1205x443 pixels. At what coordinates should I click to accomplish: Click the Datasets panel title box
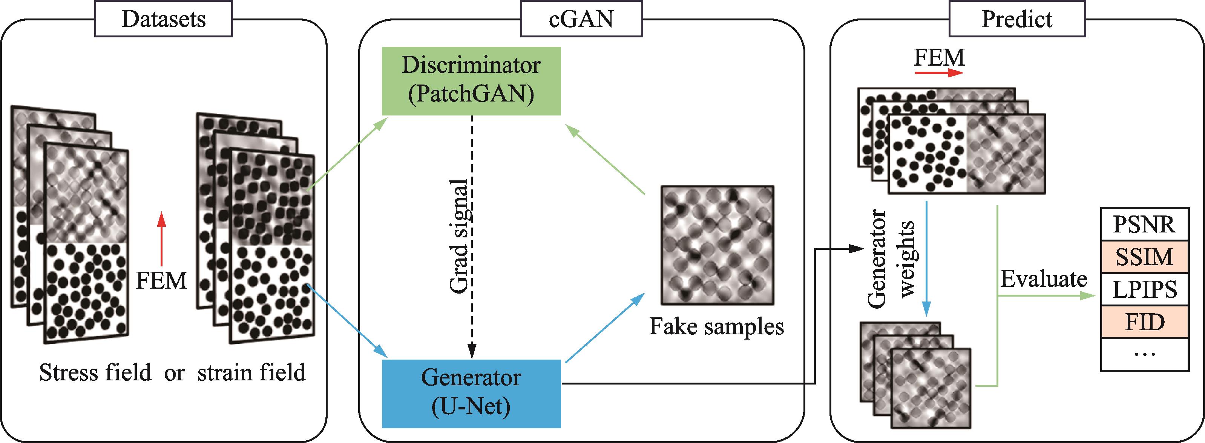(163, 19)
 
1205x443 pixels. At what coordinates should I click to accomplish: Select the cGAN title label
(581, 19)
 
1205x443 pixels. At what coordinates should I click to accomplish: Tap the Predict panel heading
(1017, 19)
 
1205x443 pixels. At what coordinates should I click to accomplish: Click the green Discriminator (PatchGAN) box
(471, 80)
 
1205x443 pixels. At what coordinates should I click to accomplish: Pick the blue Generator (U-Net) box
(471, 393)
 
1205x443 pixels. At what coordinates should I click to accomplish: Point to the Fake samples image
(717, 245)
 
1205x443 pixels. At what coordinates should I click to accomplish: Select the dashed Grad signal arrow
(472, 234)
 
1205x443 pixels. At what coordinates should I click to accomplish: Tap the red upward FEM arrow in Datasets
(161, 239)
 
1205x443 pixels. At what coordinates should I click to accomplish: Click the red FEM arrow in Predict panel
(939, 73)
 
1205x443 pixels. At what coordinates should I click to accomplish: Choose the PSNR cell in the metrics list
(1144, 224)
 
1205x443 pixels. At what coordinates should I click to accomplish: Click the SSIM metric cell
(1144, 257)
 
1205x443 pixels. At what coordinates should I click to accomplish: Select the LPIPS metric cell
(1144, 289)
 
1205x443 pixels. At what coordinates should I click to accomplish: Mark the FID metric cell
(1144, 322)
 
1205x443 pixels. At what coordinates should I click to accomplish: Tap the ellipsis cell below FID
(1144, 354)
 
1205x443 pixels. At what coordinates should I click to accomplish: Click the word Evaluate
(1043, 280)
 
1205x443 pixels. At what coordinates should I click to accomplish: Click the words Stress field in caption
(95, 373)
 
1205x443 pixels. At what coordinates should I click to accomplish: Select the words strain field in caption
(251, 373)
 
